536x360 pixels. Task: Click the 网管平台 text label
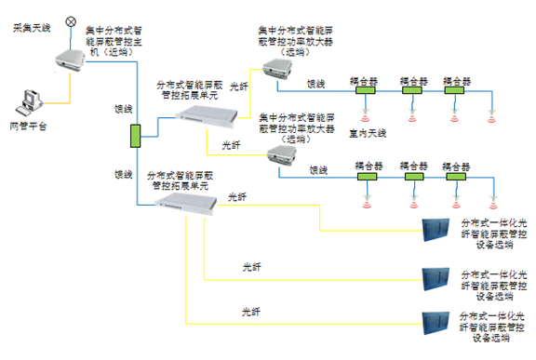27,125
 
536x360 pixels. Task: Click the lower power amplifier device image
281,155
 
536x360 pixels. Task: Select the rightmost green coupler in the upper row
454,89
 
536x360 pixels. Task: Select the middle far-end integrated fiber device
437,277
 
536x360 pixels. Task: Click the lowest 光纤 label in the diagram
250,311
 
